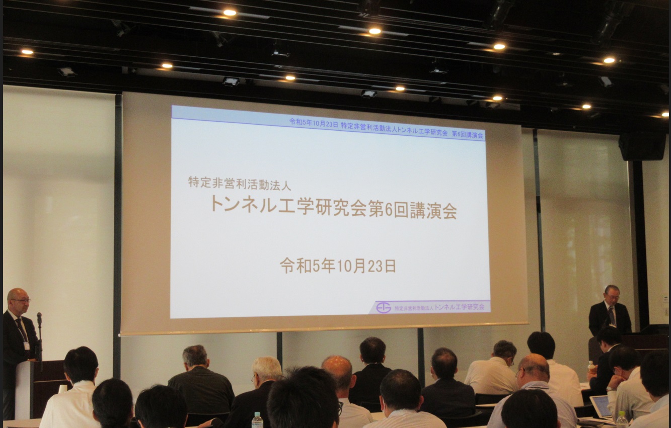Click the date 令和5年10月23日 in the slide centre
coord(338,266)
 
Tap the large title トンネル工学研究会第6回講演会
coord(334,207)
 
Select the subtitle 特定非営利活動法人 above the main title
coord(240,183)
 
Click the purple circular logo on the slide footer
coord(384,307)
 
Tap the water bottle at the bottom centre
coord(257,420)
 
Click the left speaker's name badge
coord(27,346)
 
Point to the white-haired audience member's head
coord(266,369)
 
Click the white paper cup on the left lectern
coord(62,389)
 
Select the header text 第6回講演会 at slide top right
coord(467,135)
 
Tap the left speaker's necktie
coord(22,329)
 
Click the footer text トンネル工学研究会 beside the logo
coord(459,307)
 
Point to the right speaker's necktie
coord(612,316)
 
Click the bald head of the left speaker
coord(17,296)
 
